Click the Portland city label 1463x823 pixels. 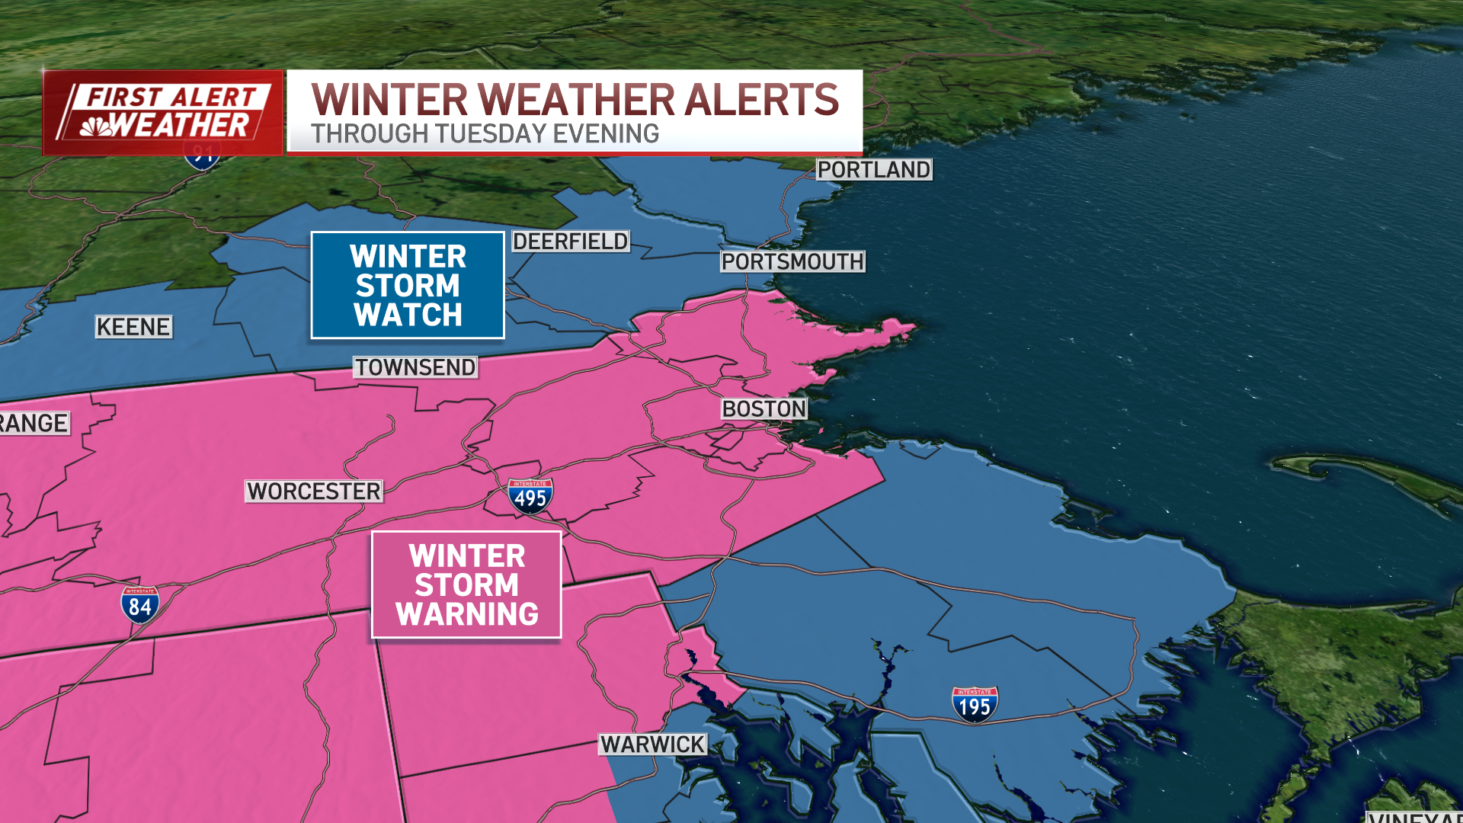(x=873, y=169)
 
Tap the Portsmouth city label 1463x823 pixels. (x=792, y=261)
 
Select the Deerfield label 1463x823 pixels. (x=570, y=242)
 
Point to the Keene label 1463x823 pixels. (x=133, y=327)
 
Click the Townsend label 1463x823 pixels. (x=415, y=367)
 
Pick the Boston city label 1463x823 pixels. (x=764, y=409)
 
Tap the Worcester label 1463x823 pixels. (x=314, y=492)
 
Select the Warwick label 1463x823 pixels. (x=653, y=745)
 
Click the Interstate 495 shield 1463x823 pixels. (x=530, y=496)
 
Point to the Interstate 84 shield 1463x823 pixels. (x=140, y=604)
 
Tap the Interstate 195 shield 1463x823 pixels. (x=975, y=705)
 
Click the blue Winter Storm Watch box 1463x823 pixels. (x=408, y=285)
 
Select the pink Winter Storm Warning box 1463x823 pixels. (x=466, y=584)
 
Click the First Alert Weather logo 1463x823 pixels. (x=163, y=113)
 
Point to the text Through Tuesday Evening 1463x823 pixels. (x=485, y=134)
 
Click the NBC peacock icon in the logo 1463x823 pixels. (x=96, y=126)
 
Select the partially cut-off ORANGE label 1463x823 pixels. (x=34, y=424)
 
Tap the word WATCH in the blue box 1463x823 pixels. (x=408, y=315)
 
